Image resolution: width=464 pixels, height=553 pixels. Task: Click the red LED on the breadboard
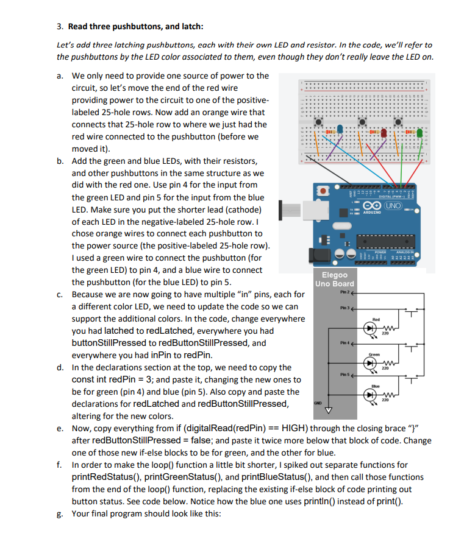click(x=387, y=129)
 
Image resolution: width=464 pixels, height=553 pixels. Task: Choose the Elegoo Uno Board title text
click(x=334, y=279)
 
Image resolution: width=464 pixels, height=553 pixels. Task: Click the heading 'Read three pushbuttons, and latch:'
click(x=136, y=26)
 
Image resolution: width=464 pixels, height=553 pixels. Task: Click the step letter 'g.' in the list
click(x=60, y=513)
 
